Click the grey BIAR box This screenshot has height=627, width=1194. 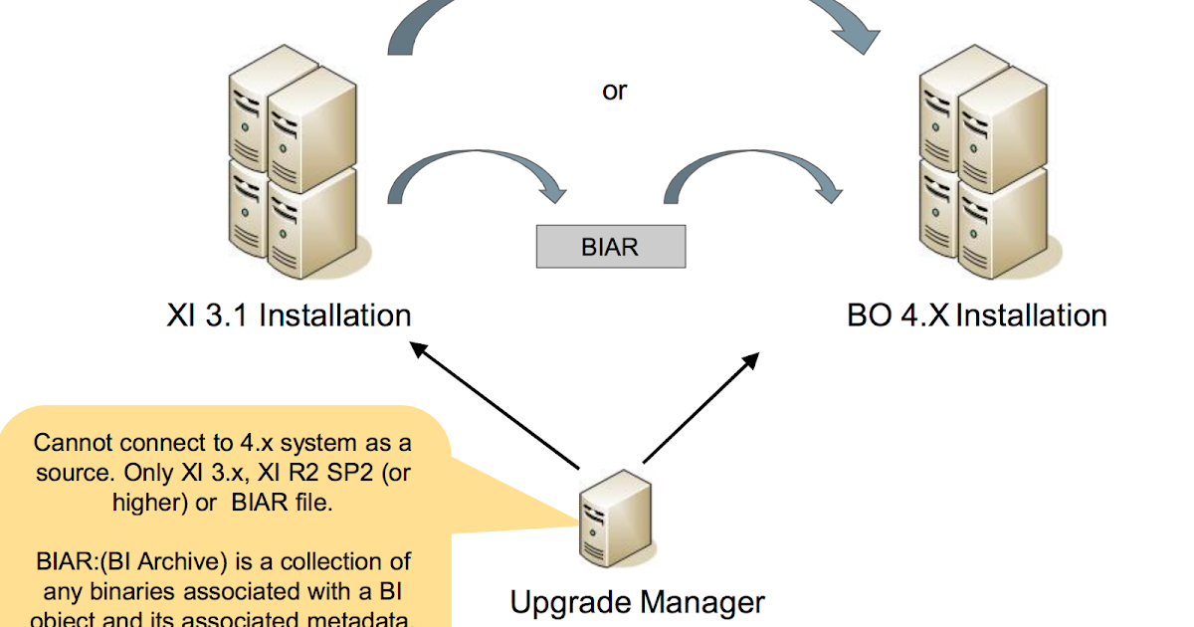coord(610,247)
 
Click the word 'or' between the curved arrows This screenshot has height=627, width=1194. coord(615,91)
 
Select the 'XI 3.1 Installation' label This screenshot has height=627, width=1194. coord(289,315)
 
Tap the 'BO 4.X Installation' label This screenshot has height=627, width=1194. coord(977,315)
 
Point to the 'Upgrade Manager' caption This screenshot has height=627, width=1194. coord(638,601)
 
